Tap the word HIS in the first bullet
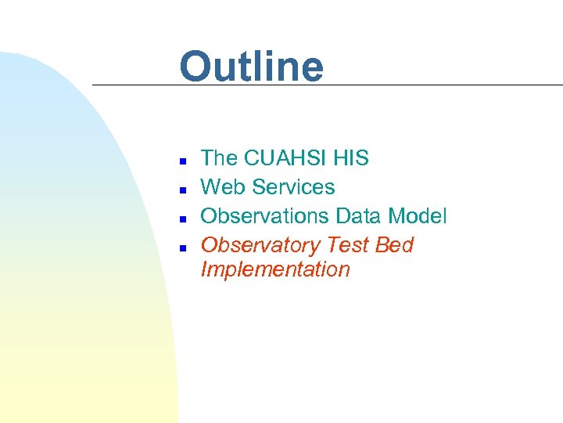click(351, 158)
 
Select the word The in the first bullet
click(219, 158)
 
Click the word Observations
click(265, 216)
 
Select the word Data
click(358, 216)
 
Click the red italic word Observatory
click(260, 246)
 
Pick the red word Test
click(348, 245)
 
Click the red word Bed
click(394, 245)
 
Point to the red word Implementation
click(275, 270)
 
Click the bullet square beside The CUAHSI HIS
click(181, 160)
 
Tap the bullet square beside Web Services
click(181, 189)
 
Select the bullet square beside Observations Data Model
click(181, 218)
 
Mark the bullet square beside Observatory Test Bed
click(181, 247)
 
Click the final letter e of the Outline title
click(310, 70)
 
